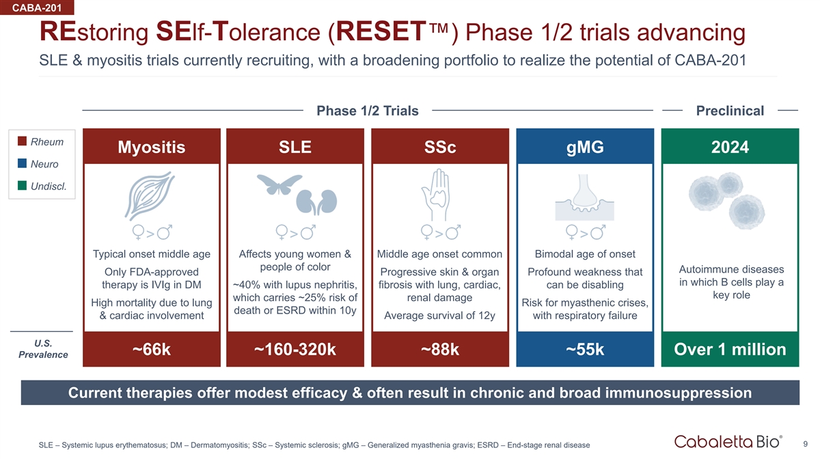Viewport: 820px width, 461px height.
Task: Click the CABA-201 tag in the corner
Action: click(x=37, y=8)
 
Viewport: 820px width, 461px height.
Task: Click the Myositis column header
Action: click(x=152, y=147)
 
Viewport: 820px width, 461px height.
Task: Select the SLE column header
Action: click(x=295, y=147)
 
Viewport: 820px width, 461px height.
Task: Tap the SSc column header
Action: click(x=440, y=147)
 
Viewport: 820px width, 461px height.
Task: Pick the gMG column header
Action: click(x=585, y=147)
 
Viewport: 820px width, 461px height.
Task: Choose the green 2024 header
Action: click(x=730, y=147)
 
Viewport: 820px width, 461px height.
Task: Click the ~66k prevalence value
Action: click(x=152, y=349)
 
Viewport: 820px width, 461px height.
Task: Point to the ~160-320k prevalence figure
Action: click(x=295, y=349)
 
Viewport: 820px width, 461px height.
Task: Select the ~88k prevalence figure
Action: click(x=440, y=349)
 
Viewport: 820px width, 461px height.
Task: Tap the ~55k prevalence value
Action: click(x=585, y=349)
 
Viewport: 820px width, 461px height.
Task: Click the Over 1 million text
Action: click(x=730, y=349)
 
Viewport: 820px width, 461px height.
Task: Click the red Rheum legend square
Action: click(x=22, y=141)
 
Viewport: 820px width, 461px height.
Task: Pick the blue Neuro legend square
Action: click(x=22, y=163)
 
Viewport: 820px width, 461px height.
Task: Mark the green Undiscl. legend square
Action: click(x=22, y=186)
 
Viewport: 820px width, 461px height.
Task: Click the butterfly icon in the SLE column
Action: click(x=279, y=183)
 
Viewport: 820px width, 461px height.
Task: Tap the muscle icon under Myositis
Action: click(x=150, y=196)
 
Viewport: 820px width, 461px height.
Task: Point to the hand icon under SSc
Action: click(x=436, y=195)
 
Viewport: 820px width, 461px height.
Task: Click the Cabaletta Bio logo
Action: click(x=728, y=441)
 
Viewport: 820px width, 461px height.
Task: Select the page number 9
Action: click(x=806, y=444)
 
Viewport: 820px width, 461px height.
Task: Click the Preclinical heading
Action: click(x=730, y=111)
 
